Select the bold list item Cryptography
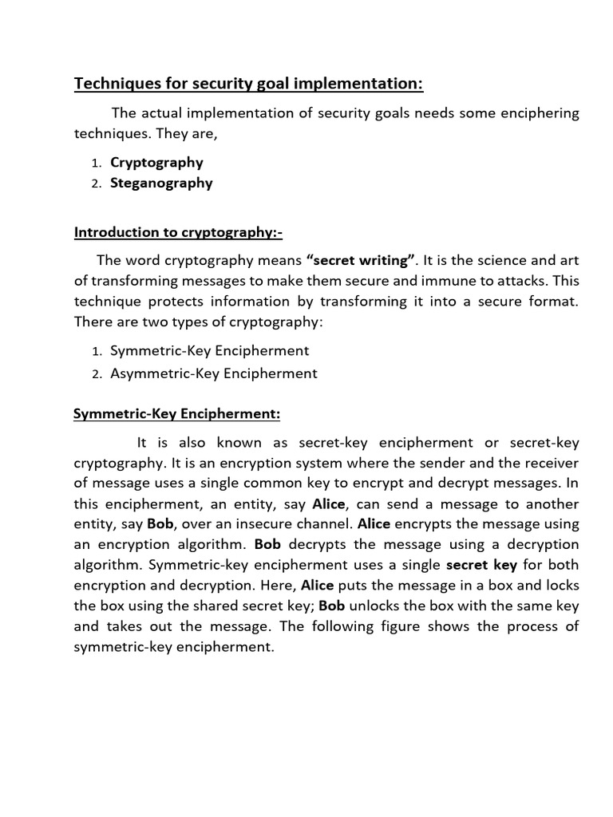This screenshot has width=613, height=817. pos(156,162)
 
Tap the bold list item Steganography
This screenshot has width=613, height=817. pos(161,183)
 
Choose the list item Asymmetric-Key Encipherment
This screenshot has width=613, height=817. pos(213,373)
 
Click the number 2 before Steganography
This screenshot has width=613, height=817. pos(95,184)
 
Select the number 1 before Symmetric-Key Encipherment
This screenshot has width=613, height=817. pos(95,351)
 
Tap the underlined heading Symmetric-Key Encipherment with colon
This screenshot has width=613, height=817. pos(177,414)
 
